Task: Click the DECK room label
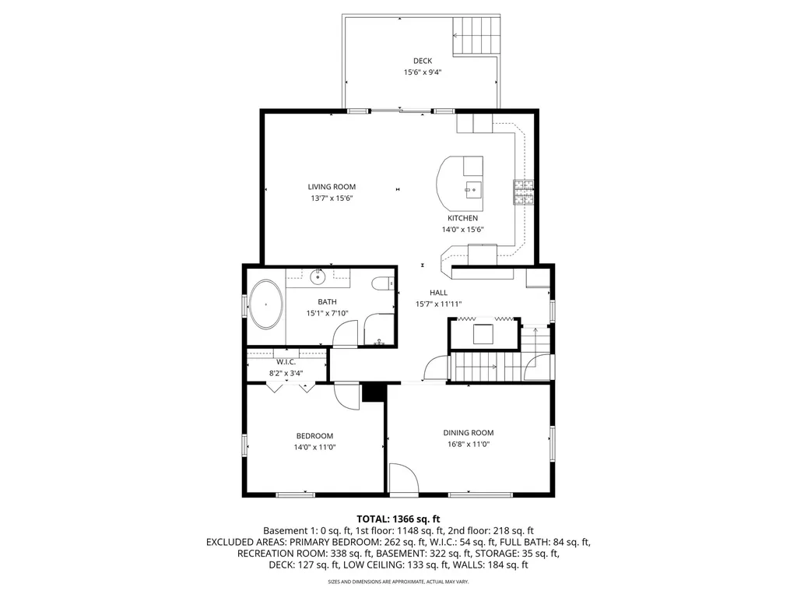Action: coord(423,61)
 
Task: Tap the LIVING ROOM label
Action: coord(332,187)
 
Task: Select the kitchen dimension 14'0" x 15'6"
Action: coord(462,230)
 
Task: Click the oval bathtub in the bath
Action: coord(266,304)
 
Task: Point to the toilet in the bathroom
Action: coord(383,283)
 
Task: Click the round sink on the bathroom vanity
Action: coord(318,277)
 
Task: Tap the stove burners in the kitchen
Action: coord(524,192)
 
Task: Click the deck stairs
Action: coord(476,36)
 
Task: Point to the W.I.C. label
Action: coord(286,362)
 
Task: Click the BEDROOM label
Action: coord(314,436)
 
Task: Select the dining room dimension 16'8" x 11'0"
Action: coord(468,444)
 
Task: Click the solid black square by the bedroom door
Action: coord(374,393)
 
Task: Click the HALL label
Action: coord(439,293)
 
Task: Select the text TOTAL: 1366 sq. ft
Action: coord(398,519)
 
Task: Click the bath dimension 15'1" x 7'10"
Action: coord(328,313)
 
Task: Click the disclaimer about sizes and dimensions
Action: coord(398,581)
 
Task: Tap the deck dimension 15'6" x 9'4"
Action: coord(423,72)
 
